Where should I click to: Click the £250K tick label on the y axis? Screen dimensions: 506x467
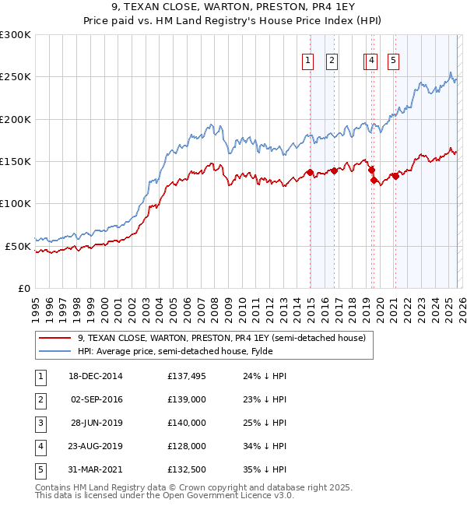coord(16,77)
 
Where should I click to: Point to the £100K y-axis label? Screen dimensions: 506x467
coord(16,204)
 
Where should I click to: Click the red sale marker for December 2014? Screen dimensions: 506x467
coord(310,172)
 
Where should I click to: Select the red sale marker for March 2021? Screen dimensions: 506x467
coord(395,176)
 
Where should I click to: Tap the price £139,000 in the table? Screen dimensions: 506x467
coord(186,399)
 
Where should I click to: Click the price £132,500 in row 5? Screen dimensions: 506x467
coord(186,469)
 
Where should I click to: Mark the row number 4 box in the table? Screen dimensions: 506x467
coord(40,446)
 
